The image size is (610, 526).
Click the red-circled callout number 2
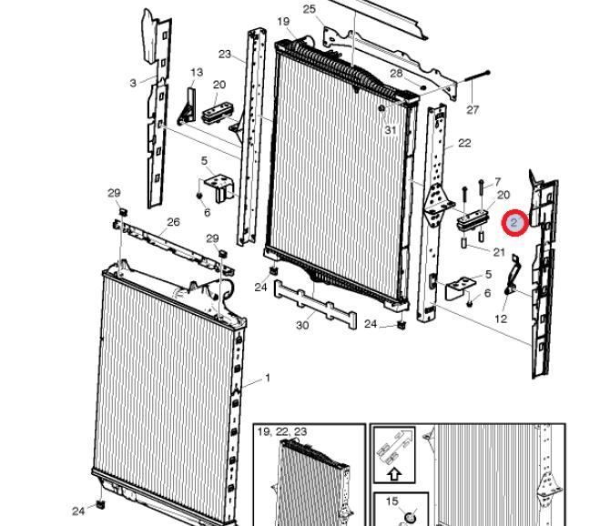pyautogui.click(x=514, y=223)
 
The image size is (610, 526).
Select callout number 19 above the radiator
pyautogui.click(x=283, y=21)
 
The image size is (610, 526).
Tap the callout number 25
pyautogui.click(x=310, y=9)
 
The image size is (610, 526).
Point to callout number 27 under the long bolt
pyautogui.click(x=473, y=109)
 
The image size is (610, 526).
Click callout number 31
pyautogui.click(x=391, y=130)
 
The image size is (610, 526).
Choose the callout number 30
pyautogui.click(x=302, y=325)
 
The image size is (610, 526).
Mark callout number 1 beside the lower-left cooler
pyautogui.click(x=268, y=378)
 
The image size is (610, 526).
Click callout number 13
pyautogui.click(x=197, y=72)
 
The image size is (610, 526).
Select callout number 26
pyautogui.click(x=174, y=222)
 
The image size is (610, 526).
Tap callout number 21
pyautogui.click(x=499, y=252)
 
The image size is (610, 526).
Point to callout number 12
pyautogui.click(x=501, y=319)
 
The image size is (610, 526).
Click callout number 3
pyautogui.click(x=134, y=83)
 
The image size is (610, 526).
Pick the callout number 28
pyautogui.click(x=396, y=73)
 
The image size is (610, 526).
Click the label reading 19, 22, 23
pyautogui.click(x=282, y=431)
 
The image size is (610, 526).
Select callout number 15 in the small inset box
pyautogui.click(x=392, y=501)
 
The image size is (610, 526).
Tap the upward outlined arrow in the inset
pyautogui.click(x=394, y=473)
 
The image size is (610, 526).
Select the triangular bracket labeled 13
pyautogui.click(x=188, y=107)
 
